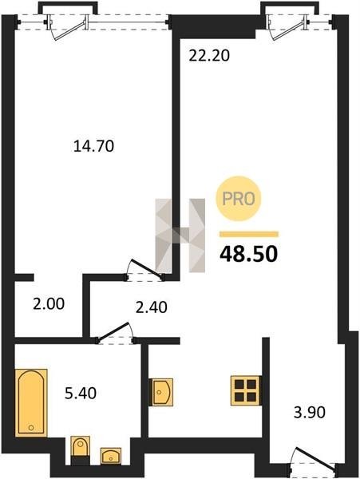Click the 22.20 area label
point(209,56)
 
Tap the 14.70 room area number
point(93,146)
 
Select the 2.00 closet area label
point(49,304)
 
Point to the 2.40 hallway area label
point(152,307)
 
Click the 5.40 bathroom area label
point(81,393)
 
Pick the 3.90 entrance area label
point(310,413)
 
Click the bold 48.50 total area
point(249,254)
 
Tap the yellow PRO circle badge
point(239,199)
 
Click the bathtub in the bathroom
point(31,402)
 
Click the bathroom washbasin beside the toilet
point(111,456)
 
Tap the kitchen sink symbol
point(161,392)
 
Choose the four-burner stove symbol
point(246,390)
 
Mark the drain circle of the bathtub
point(31,427)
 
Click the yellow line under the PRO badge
point(249,234)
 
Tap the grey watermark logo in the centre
point(180,236)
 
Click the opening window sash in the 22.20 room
point(287,28)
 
